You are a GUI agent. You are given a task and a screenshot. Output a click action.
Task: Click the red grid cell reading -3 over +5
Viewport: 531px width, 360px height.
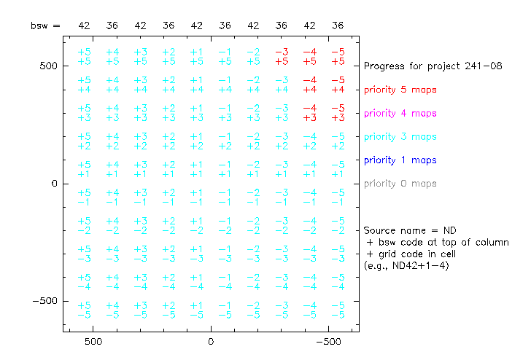tap(282, 57)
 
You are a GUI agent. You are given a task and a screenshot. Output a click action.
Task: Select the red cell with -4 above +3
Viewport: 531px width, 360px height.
tap(309, 113)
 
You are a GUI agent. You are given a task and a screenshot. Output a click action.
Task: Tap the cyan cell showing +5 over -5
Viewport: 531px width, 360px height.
tap(84, 310)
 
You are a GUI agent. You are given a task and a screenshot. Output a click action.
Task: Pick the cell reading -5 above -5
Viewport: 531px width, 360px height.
tap(338, 310)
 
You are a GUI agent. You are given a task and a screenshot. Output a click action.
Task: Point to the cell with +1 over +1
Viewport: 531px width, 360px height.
tap(197, 169)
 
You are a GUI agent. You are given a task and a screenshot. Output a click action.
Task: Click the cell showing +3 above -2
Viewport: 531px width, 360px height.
tap(140, 226)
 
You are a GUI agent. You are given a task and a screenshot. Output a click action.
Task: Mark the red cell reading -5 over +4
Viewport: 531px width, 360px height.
tap(338, 85)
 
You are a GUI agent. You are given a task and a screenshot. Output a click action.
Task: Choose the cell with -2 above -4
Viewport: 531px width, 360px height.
tap(253, 282)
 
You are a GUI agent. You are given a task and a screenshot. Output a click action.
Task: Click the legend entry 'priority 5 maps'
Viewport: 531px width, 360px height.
tap(400, 90)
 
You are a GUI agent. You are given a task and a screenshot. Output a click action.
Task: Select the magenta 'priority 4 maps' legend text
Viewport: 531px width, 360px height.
tap(400, 114)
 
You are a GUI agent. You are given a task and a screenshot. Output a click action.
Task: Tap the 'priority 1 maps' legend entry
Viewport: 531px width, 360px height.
tap(400, 160)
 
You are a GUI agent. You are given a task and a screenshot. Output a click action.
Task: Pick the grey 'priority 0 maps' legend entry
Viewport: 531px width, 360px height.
tap(400, 184)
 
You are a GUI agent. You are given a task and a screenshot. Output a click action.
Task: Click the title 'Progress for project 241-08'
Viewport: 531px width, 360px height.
tap(433, 66)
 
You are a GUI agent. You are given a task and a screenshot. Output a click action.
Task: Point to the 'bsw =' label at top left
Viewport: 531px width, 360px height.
tap(45, 26)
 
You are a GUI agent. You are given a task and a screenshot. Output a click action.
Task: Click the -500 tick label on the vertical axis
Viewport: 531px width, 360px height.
tap(45, 301)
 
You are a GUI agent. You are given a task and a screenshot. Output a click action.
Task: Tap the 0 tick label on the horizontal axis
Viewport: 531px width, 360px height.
tap(211, 342)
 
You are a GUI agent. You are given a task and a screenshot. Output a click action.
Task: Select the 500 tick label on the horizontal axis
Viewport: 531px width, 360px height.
tap(93, 342)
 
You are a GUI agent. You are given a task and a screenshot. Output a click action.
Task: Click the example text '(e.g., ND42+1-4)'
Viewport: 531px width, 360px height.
tap(406, 265)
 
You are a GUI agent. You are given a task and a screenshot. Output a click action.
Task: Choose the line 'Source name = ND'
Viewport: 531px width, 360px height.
tap(410, 230)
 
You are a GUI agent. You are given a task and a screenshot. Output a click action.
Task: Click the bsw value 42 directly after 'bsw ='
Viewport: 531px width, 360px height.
tap(84, 26)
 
